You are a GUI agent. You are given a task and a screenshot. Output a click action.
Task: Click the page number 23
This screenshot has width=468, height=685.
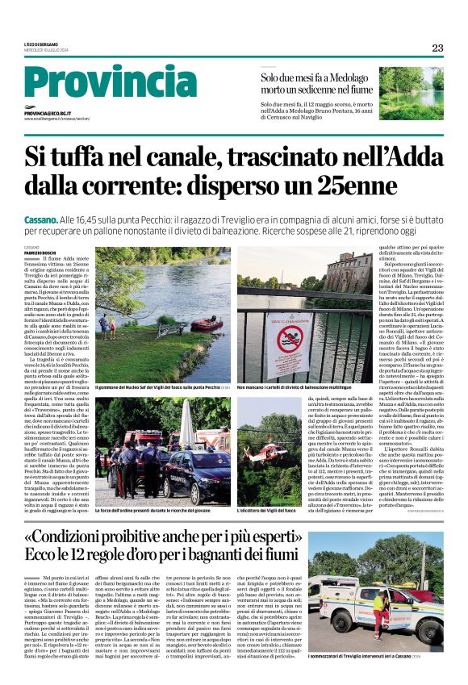tap(437, 48)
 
